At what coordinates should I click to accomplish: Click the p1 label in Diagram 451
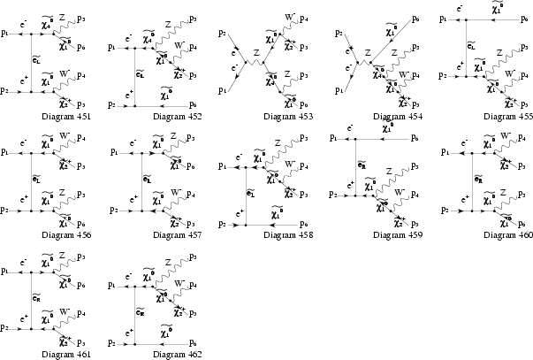click(x=6, y=33)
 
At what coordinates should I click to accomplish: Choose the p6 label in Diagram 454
click(x=416, y=19)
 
